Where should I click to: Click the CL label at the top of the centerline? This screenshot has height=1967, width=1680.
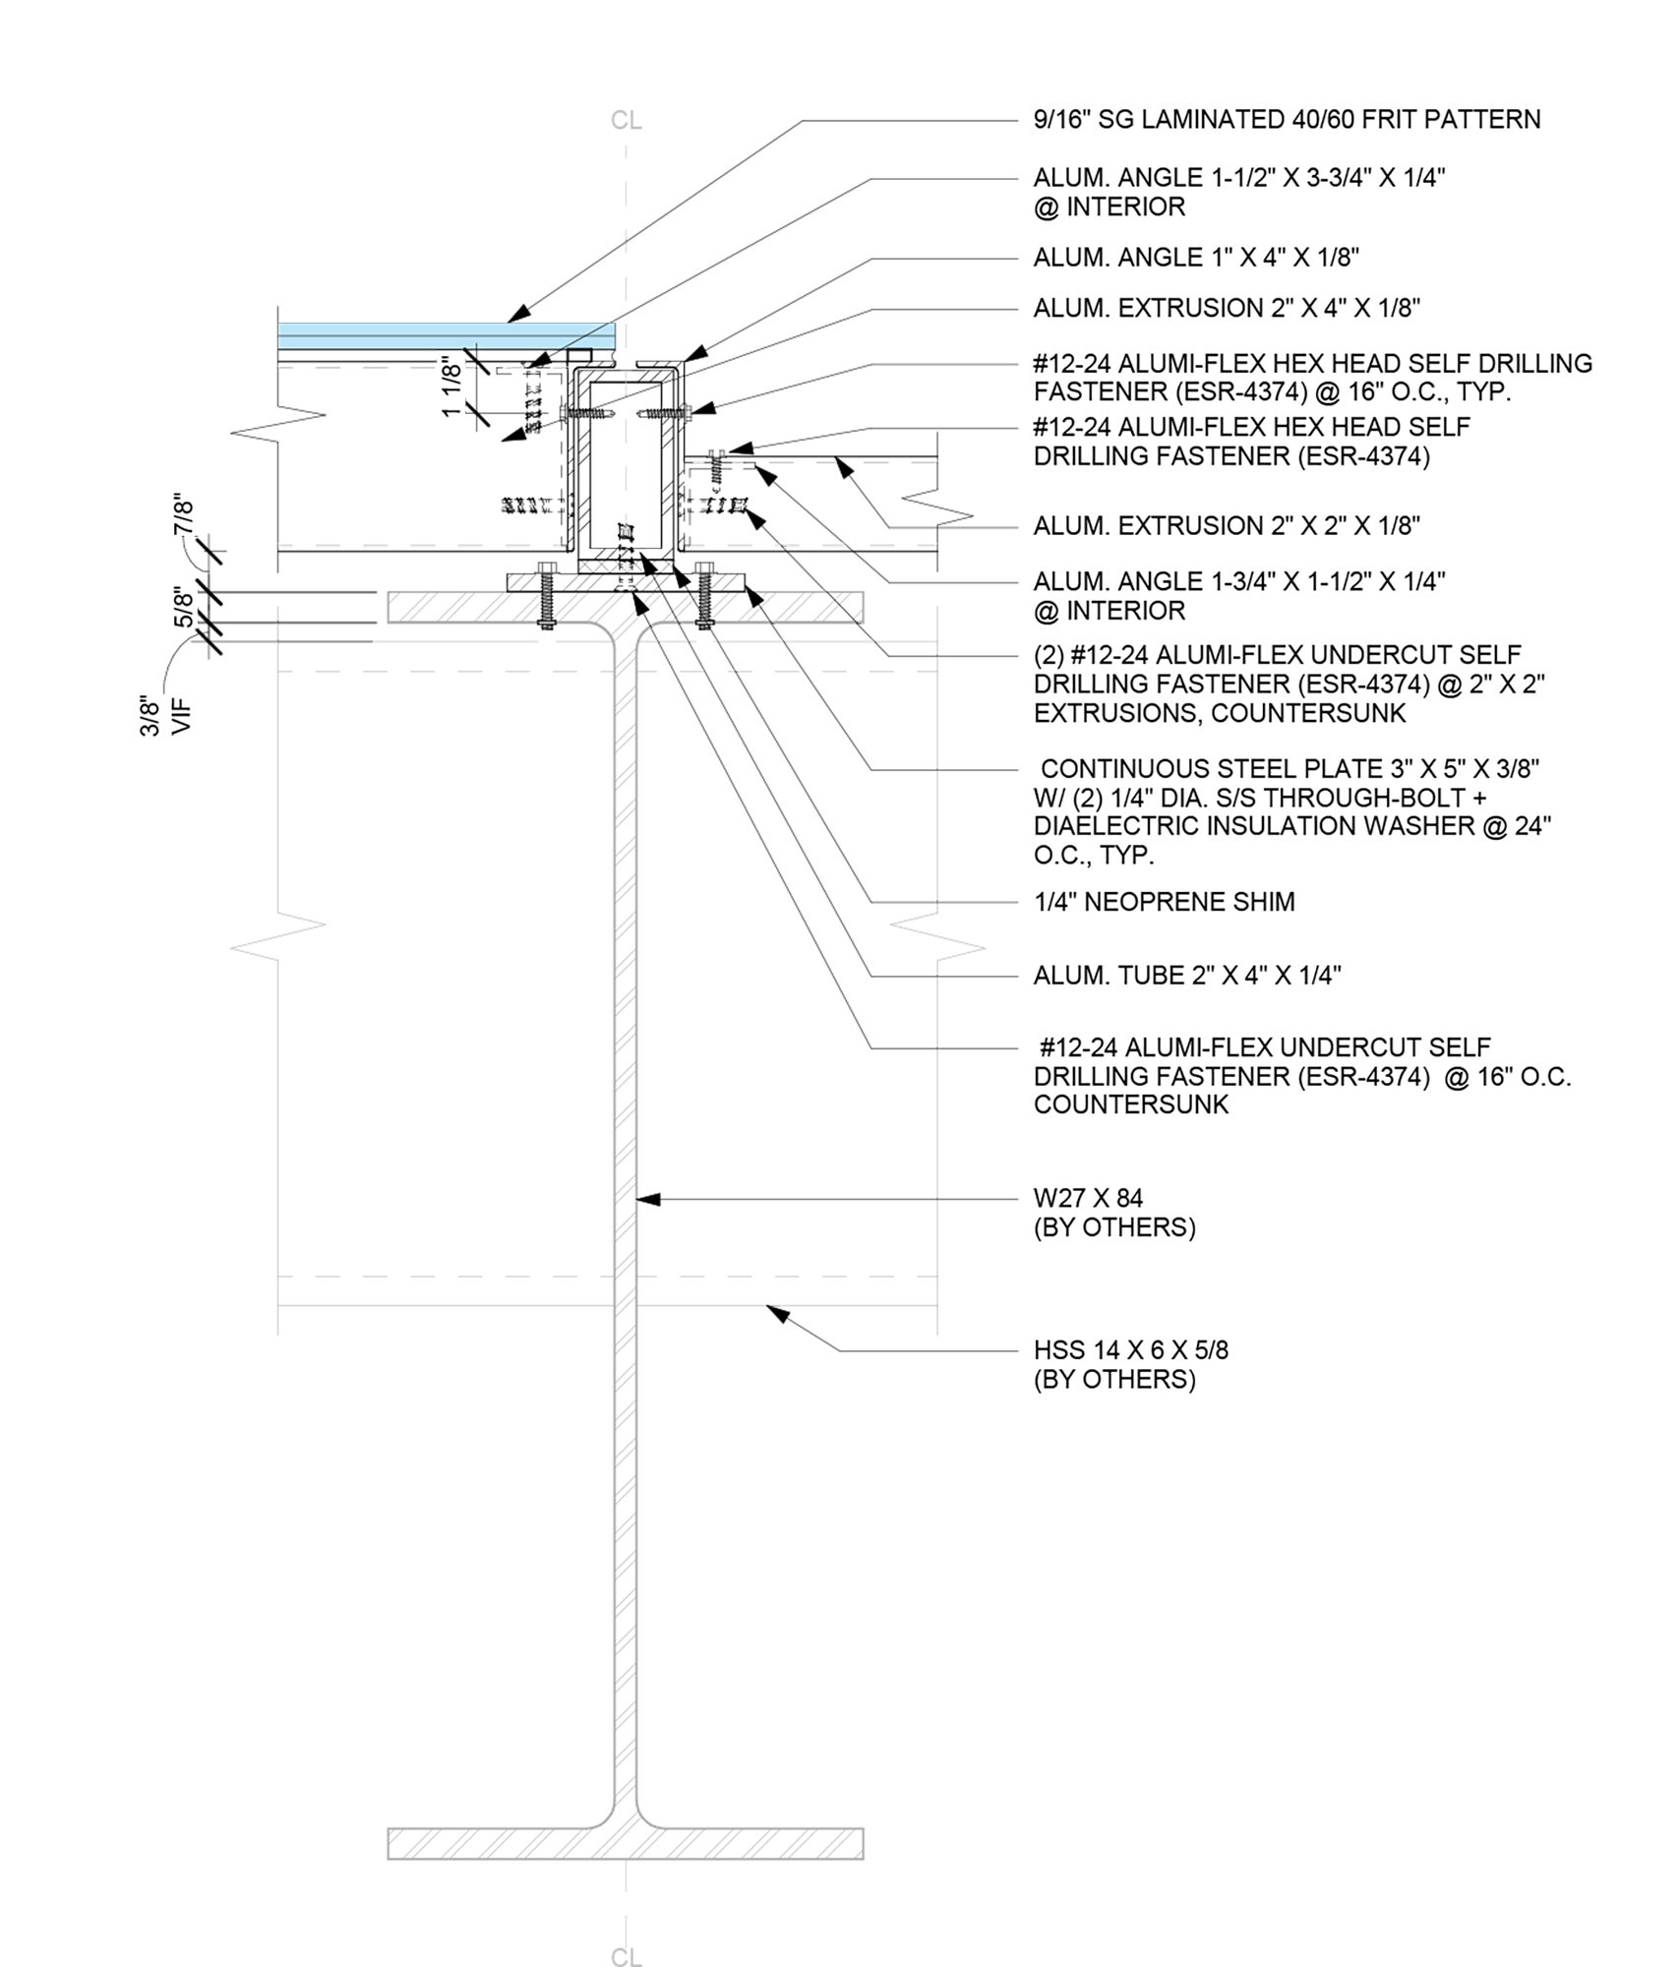(x=626, y=120)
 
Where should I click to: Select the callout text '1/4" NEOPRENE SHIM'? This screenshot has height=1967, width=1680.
(x=1164, y=902)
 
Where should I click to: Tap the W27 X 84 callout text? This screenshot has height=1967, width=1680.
(x=1088, y=1198)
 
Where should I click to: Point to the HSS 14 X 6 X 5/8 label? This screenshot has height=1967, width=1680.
(x=1130, y=1350)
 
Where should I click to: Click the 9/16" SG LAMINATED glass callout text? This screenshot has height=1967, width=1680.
(x=1287, y=120)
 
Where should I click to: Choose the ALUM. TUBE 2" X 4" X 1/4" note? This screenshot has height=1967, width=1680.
(x=1187, y=976)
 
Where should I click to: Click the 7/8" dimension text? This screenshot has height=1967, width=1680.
(x=184, y=513)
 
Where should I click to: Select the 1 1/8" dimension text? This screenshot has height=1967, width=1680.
(x=451, y=387)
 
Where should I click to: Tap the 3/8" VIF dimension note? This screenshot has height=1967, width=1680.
(x=163, y=715)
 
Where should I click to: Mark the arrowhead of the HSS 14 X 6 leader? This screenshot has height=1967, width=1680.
(x=777, y=1313)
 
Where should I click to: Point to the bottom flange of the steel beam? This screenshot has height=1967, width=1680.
(x=626, y=1843)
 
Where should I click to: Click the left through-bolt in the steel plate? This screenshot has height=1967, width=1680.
(x=547, y=594)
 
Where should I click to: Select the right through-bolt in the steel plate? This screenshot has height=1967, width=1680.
(x=704, y=594)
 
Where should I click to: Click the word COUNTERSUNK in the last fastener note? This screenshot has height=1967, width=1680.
(x=1130, y=1104)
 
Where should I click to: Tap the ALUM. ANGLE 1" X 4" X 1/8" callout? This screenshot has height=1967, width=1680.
(x=1196, y=258)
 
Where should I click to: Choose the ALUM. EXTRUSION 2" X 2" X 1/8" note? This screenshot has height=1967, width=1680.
(x=1227, y=526)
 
